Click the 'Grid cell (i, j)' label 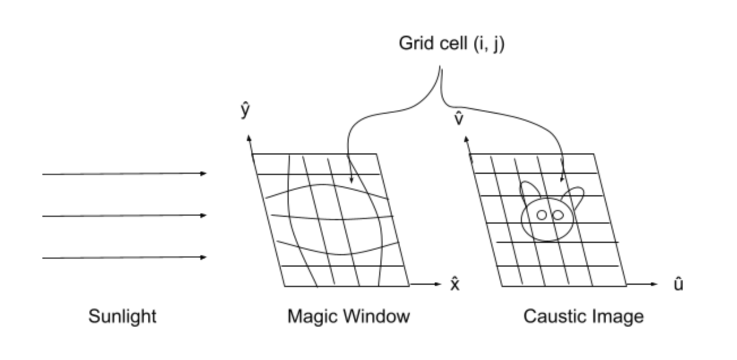click(451, 44)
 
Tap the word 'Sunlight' click(122, 316)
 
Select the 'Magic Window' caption click(348, 316)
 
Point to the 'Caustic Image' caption click(583, 316)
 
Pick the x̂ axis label click(455, 284)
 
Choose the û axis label click(678, 284)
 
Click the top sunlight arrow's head click(204, 173)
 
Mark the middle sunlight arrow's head click(204, 215)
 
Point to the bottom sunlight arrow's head click(204, 258)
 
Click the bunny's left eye click(542, 215)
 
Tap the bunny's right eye click(558, 215)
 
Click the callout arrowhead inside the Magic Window click(351, 180)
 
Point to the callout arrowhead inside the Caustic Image click(562, 179)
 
